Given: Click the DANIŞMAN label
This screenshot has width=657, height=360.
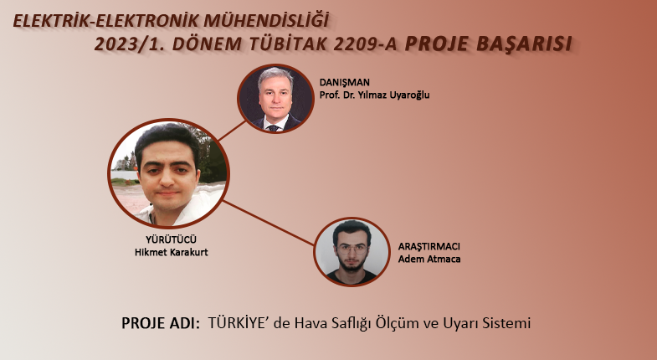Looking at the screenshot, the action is click(345, 83).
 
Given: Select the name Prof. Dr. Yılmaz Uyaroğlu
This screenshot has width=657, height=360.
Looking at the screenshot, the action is click(374, 95).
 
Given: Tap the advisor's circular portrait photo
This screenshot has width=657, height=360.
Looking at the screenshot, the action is click(275, 99).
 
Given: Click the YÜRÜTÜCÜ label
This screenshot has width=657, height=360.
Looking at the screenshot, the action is click(171, 239).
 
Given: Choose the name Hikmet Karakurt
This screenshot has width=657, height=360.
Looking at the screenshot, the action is click(171, 252).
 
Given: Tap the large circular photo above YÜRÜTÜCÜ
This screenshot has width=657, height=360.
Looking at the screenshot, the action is click(168, 173).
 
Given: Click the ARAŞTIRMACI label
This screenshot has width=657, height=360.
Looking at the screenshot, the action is click(429, 246).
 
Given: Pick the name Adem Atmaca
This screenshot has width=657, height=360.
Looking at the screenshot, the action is click(429, 259).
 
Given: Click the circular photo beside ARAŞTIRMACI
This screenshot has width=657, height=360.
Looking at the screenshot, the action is click(352, 252).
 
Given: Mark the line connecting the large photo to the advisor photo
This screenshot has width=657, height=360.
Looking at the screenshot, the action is click(232, 131).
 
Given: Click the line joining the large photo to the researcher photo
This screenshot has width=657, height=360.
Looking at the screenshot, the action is click(268, 223).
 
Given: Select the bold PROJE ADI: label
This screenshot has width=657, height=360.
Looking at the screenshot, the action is click(161, 323).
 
